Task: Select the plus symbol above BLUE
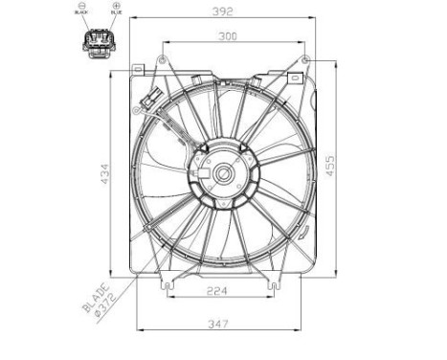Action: tap(116, 8)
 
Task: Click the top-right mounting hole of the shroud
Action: tap(305, 60)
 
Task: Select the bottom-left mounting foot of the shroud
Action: tap(168, 283)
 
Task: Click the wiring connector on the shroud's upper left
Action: tap(149, 99)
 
